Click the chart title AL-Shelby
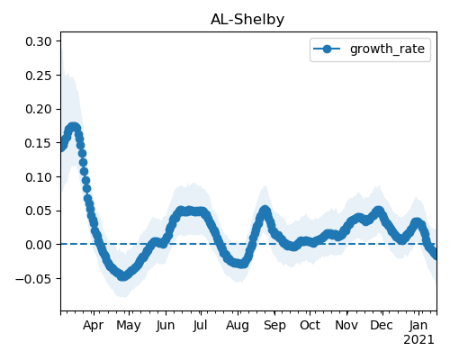[x=247, y=20]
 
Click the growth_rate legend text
[x=387, y=49]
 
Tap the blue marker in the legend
[x=327, y=49]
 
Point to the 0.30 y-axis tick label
[x=39, y=41]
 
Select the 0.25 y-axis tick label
[x=39, y=76]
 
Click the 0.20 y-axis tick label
[x=39, y=109]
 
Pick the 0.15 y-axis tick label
[x=39, y=143]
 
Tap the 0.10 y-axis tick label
[x=39, y=177]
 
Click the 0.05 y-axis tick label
[x=39, y=211]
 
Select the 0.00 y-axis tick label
[x=39, y=245]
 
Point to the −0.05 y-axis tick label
[x=33, y=279]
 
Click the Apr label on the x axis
[x=94, y=326]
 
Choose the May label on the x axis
[x=129, y=326]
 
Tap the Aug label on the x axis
[x=238, y=326]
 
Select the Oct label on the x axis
[x=310, y=325]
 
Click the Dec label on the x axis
[x=382, y=325]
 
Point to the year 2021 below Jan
[x=418, y=340]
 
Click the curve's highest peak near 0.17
[x=74, y=128]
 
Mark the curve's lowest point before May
[x=122, y=276]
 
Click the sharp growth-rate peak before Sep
[x=265, y=211]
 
